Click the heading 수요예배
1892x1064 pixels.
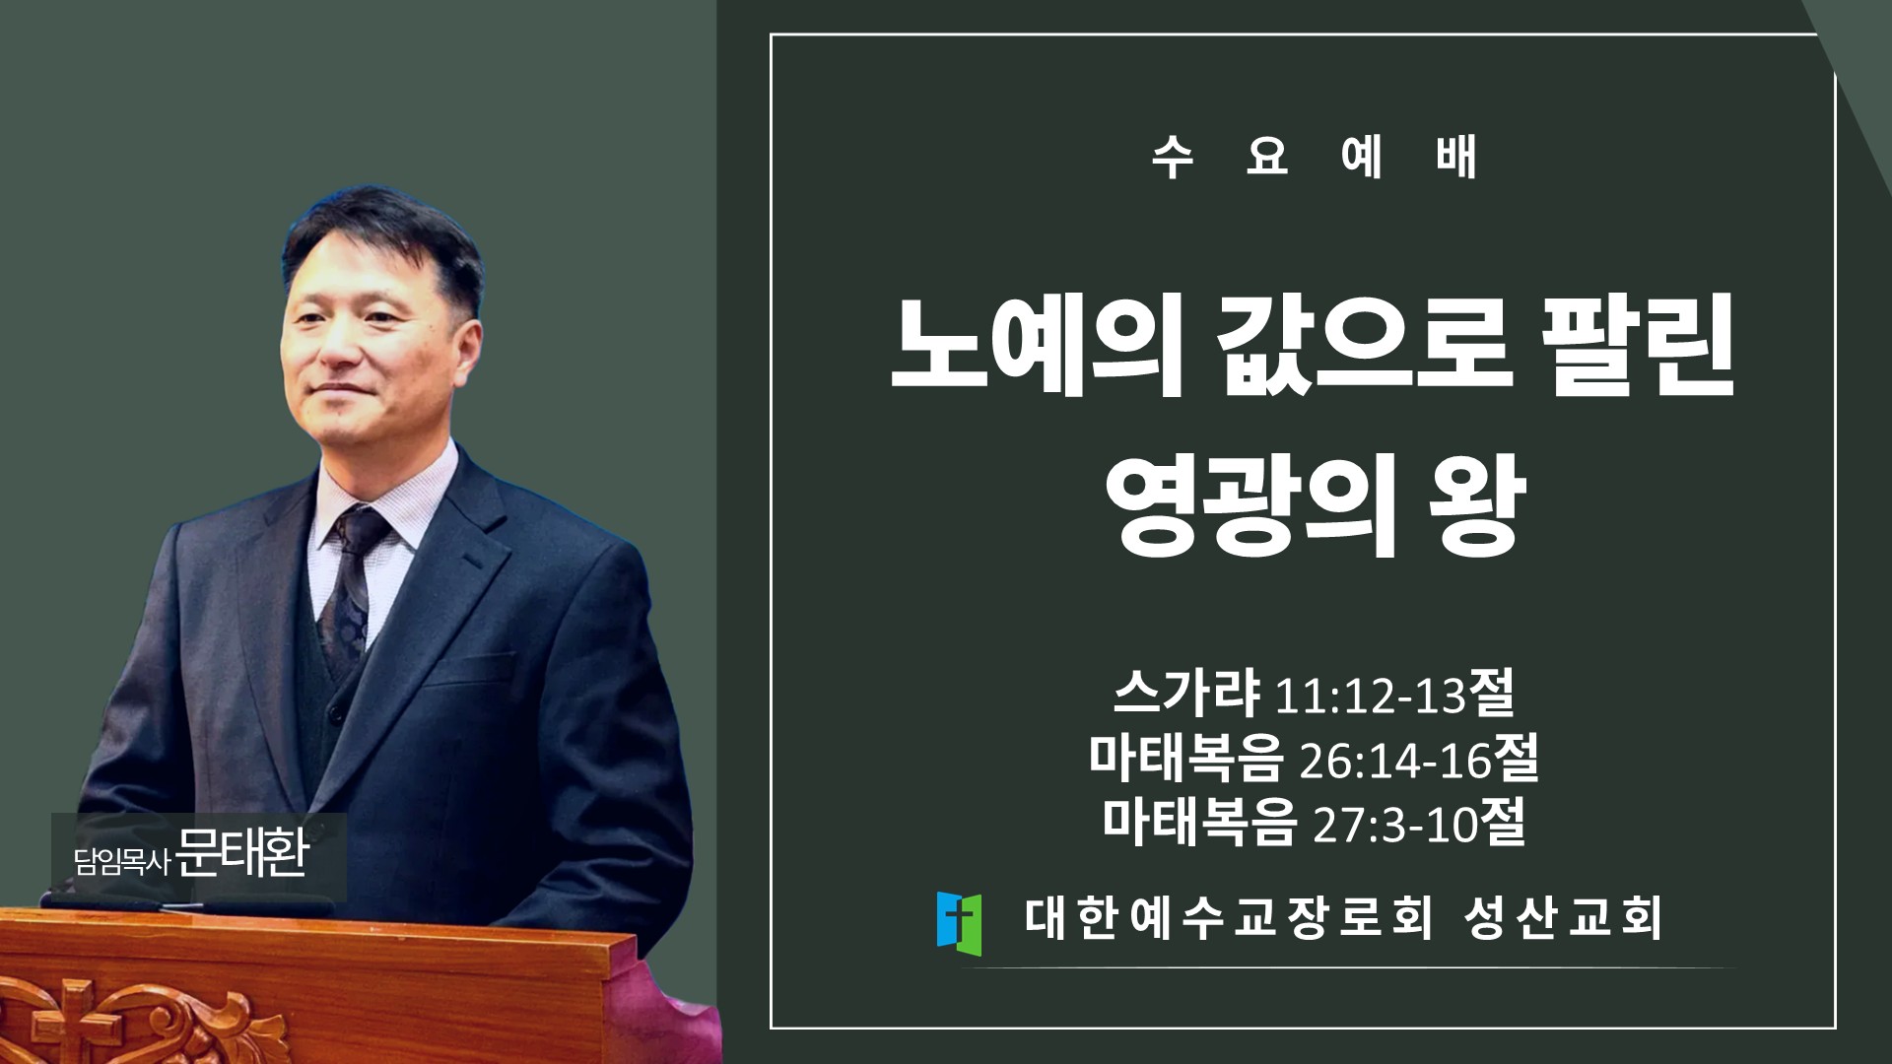point(1315,158)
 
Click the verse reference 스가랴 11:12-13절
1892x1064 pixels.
point(1314,694)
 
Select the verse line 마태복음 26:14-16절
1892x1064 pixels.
point(1314,758)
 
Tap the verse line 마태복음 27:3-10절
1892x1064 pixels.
point(1314,823)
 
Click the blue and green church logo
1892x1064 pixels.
point(959,924)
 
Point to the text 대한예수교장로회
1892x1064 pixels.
point(1228,918)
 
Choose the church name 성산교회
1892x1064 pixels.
point(1563,918)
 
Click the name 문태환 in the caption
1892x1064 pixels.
point(242,853)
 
